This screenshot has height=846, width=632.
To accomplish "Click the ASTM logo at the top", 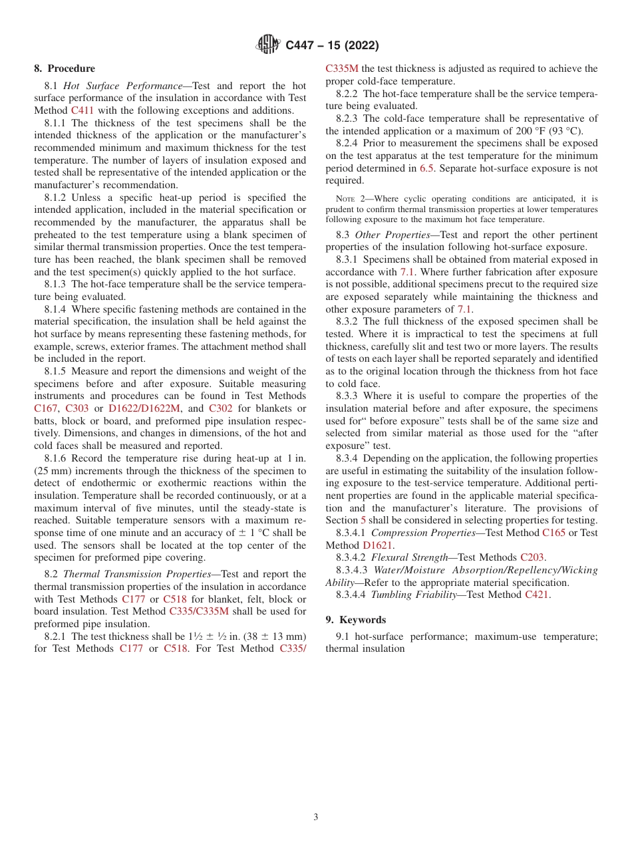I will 268,45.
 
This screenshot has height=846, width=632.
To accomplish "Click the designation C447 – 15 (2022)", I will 332,45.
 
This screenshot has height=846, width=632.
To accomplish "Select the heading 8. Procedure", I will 65,69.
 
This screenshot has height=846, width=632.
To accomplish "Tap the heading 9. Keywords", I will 355,620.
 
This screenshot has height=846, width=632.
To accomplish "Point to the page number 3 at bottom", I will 316,817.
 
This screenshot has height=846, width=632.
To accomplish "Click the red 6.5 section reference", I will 426,168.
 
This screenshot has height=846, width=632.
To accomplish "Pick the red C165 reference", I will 553,533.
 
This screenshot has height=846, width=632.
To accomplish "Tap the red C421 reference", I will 536,595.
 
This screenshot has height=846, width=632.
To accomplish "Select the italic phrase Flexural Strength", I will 409,557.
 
